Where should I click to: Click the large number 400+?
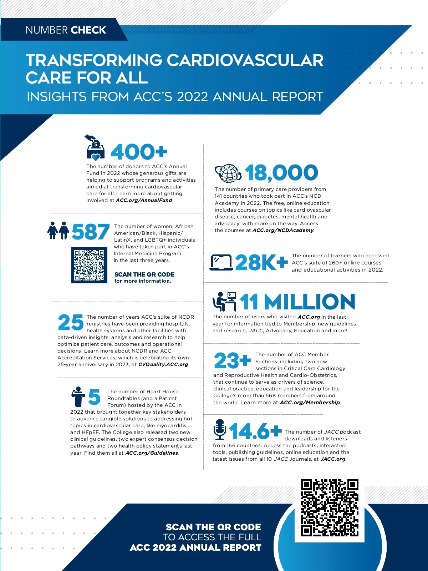pyautogui.click(x=139, y=152)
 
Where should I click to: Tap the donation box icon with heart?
pyautogui.click(x=95, y=147)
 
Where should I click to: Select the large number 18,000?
pyautogui.click(x=281, y=173)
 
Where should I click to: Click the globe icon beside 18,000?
pyautogui.click(x=228, y=173)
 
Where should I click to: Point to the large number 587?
pyautogui.click(x=91, y=232)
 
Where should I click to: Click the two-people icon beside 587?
pyautogui.click(x=58, y=231)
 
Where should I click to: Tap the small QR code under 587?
pyautogui.click(x=89, y=265)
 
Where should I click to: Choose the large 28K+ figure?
pyautogui.click(x=261, y=263)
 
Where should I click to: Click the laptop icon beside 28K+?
pyautogui.click(x=221, y=263)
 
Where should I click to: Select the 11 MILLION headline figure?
pyautogui.click(x=297, y=302)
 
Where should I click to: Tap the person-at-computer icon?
pyautogui.click(x=224, y=302)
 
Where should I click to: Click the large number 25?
pyautogui.click(x=71, y=323)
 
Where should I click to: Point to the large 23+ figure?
pyautogui.click(x=232, y=360)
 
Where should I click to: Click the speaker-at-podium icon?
pyautogui.click(x=78, y=396)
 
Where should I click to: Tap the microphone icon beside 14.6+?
pyautogui.click(x=220, y=430)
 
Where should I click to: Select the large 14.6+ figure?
pyautogui.click(x=255, y=431)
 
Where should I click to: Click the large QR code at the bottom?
pyautogui.click(x=330, y=507)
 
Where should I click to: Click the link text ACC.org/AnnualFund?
pyautogui.click(x=144, y=200)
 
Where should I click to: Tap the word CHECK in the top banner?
pyautogui.click(x=88, y=30)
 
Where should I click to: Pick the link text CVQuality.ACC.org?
pyautogui.click(x=163, y=364)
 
